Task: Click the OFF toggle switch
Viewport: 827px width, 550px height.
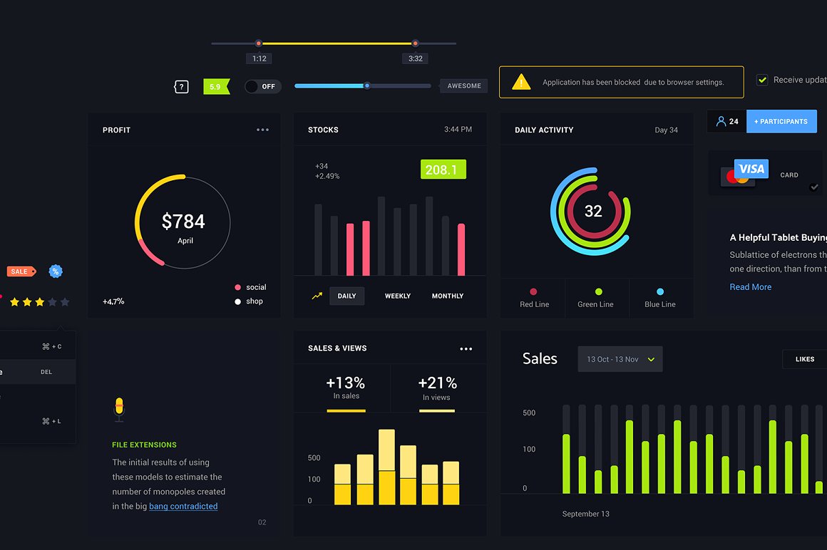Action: coord(262,86)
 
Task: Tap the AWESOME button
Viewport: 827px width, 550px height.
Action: coord(463,86)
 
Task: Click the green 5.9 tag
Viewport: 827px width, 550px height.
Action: coord(216,86)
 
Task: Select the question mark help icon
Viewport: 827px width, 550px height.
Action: coord(181,87)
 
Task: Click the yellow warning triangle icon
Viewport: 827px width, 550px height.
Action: coord(521,82)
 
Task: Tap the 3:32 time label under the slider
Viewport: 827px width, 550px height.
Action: coord(415,58)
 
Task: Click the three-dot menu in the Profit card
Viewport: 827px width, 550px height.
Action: coord(262,130)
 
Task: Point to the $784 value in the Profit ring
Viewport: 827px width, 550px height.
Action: coord(183,222)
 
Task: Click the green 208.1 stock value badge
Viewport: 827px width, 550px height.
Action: coord(443,170)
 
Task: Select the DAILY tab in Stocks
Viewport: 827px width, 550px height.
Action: coord(346,296)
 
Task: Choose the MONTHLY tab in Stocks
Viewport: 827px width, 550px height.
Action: coord(447,296)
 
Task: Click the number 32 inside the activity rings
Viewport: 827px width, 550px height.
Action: coord(593,211)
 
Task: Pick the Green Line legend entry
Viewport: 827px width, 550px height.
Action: coord(596,298)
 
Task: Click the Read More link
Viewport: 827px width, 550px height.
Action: coord(750,287)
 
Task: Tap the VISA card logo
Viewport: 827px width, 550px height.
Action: coord(751,169)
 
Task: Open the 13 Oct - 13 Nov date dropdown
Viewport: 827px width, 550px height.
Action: coord(620,359)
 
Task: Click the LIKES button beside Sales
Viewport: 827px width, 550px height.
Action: coord(804,359)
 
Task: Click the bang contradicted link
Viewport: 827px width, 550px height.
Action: coord(183,507)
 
